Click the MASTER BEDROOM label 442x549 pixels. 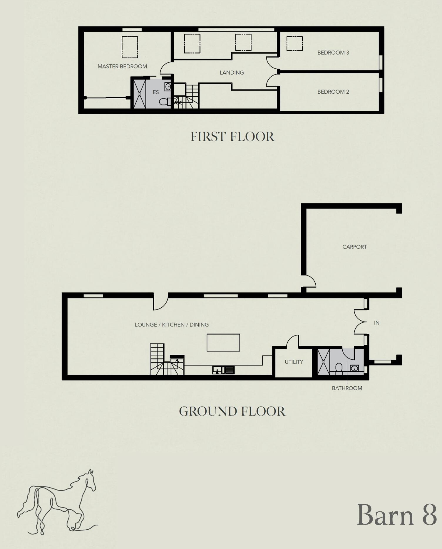[x=122, y=66]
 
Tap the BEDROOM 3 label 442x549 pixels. [x=333, y=53]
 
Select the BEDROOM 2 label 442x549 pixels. [x=333, y=92]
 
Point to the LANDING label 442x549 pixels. [x=232, y=73]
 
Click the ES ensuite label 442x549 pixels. [x=155, y=92]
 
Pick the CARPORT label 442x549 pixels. [x=354, y=247]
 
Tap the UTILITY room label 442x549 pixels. [x=294, y=362]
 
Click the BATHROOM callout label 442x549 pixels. [x=347, y=388]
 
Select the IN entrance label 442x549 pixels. [x=376, y=323]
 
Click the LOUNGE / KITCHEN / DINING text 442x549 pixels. [x=172, y=325]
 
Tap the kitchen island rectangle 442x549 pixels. [x=223, y=343]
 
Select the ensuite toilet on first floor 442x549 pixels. [x=164, y=102]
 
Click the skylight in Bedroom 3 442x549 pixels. [x=294, y=43]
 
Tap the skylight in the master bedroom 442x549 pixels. [x=130, y=47]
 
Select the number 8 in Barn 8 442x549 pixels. [x=429, y=515]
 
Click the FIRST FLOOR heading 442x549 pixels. [x=232, y=137]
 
